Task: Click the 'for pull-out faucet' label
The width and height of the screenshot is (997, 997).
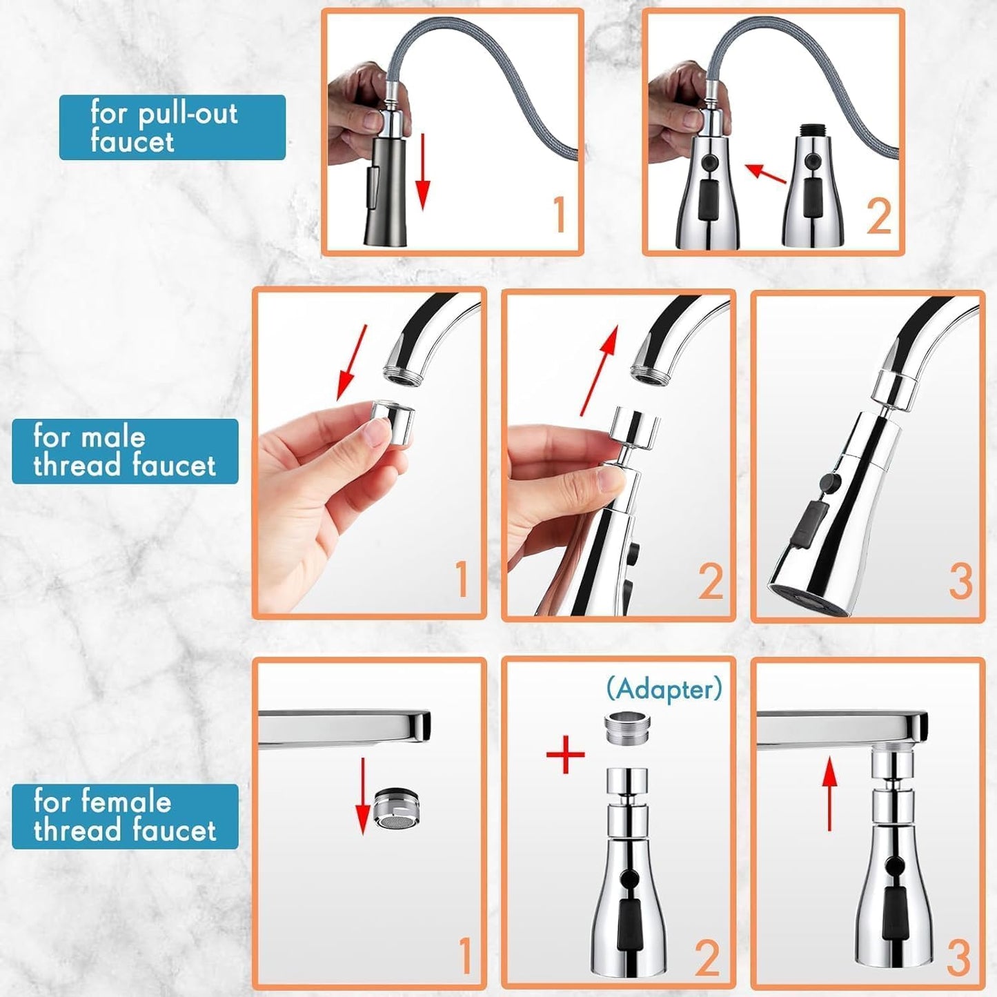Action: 172,128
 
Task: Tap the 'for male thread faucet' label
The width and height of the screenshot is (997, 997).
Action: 125,451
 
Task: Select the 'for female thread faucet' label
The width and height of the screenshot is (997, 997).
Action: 125,816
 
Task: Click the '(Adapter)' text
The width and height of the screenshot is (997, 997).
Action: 664,689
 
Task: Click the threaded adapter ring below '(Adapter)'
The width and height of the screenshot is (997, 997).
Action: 627,729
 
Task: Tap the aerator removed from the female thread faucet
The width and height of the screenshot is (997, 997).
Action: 397,808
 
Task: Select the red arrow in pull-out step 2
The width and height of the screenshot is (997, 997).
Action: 765,174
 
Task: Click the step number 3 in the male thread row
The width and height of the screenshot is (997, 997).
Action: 960,581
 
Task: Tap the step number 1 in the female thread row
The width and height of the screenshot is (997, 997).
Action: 465,956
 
